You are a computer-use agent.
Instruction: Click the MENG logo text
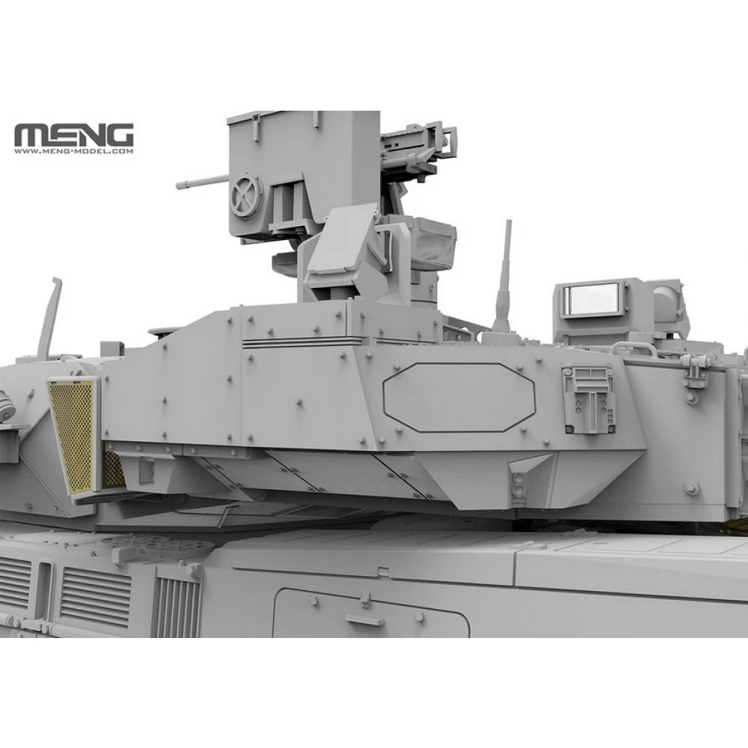73,137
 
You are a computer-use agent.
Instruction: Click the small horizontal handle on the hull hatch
364,620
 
